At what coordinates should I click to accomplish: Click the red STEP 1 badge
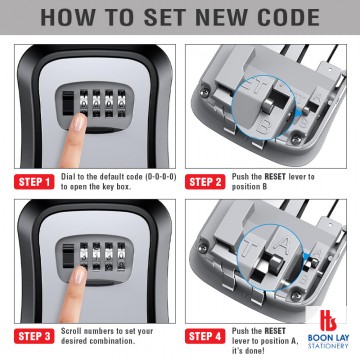[34, 182]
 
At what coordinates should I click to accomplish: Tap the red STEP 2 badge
[205, 182]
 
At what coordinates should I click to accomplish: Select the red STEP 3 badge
[34, 336]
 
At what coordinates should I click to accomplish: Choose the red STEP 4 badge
[205, 336]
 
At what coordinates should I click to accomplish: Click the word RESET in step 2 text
[275, 177]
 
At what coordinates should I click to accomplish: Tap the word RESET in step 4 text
[275, 331]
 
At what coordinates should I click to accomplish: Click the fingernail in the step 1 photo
[79, 122]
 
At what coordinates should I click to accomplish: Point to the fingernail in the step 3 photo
[79, 275]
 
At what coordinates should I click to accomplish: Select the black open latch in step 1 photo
[68, 103]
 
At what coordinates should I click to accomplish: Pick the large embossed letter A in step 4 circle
[279, 247]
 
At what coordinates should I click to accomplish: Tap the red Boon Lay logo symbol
[328, 321]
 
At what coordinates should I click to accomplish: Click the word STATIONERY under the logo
[328, 346]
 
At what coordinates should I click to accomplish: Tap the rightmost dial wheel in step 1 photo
[122, 103]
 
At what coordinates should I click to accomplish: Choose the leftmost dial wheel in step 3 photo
[84, 256]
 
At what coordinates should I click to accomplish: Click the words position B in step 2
[249, 187]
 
